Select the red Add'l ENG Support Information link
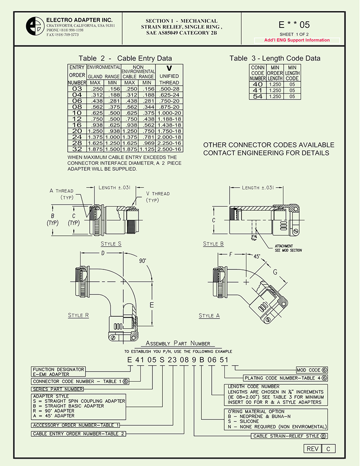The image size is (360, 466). click(x=296, y=40)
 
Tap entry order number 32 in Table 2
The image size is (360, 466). click(x=77, y=149)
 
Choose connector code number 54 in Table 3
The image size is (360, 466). click(x=257, y=97)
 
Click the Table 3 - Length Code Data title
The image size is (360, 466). click(x=275, y=58)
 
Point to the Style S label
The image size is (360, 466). click(x=111, y=244)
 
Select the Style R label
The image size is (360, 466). click(x=78, y=315)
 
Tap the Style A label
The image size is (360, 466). click(x=209, y=316)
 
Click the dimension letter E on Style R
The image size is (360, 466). click(x=151, y=305)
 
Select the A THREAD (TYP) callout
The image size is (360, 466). click(x=61, y=194)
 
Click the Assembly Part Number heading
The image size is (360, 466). click(x=177, y=343)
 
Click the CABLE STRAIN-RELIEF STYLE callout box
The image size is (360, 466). click(x=289, y=436)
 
